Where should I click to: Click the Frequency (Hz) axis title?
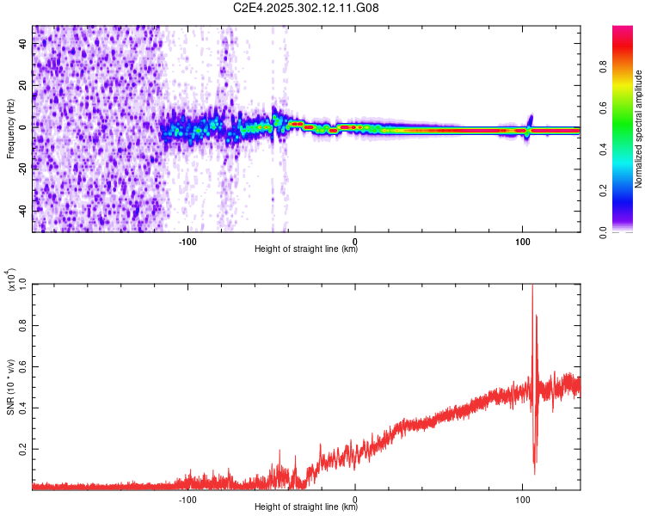click(10, 129)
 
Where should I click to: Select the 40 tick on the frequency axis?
click(24, 45)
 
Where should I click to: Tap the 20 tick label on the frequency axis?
click(24, 86)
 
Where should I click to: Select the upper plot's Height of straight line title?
click(306, 249)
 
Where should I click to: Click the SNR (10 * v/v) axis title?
click(10, 385)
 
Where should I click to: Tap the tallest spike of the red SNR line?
click(532, 287)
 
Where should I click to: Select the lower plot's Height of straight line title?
click(306, 507)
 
